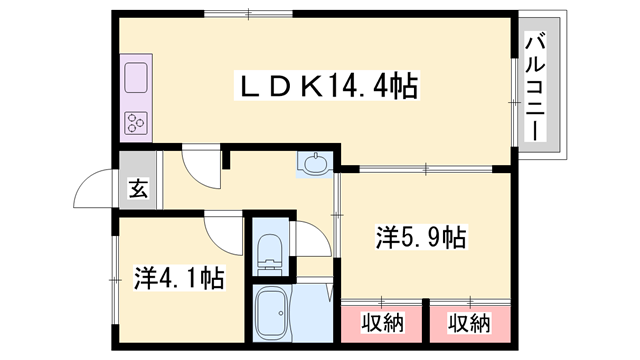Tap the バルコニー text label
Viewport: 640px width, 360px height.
pos(537,88)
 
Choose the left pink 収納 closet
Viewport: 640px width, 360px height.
pos(382,323)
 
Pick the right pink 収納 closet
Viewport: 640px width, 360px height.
pos(469,323)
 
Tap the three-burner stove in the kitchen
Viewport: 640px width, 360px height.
pos(137,123)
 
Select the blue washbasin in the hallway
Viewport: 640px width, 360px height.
pos(313,164)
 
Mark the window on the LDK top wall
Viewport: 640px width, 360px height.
pos(247,13)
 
